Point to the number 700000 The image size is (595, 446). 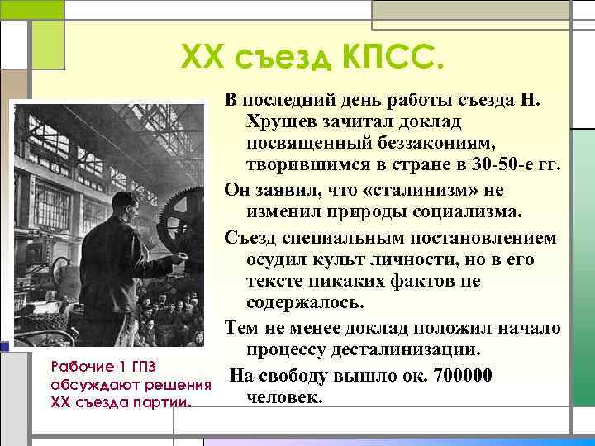(454, 376)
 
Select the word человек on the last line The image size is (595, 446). (283, 397)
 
